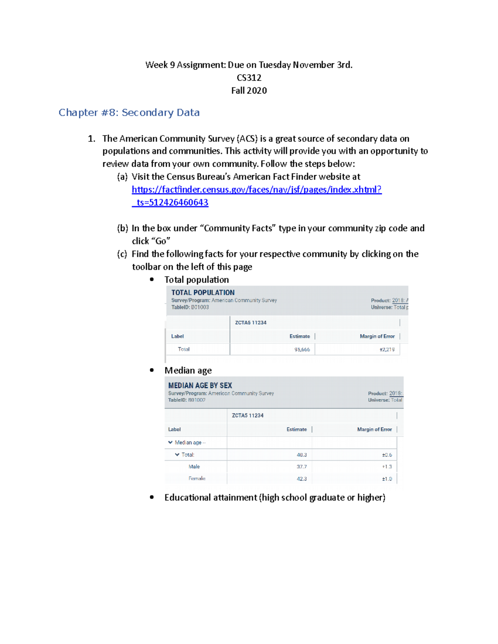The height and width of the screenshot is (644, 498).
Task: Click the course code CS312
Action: click(x=249, y=78)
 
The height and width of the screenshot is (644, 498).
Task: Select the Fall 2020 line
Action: click(x=249, y=90)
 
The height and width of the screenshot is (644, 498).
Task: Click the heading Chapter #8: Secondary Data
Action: click(x=129, y=112)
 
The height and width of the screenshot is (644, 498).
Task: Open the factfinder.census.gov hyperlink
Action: click(x=256, y=190)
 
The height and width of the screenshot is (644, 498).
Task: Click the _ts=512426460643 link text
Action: click(x=170, y=202)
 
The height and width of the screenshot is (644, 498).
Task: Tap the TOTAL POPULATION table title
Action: click(x=203, y=292)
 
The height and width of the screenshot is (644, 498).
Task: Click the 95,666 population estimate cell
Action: click(x=302, y=350)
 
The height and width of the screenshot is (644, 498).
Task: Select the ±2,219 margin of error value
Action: click(x=387, y=350)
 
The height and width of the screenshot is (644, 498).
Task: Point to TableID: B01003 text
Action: click(x=190, y=307)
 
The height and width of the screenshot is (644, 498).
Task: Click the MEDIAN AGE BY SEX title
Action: click(x=200, y=385)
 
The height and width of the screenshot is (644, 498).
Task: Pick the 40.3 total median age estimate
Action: click(x=302, y=455)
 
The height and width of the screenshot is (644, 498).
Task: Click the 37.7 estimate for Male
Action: click(x=302, y=467)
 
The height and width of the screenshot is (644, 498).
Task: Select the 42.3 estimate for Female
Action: click(x=302, y=479)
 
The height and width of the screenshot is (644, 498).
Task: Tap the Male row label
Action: click(x=194, y=467)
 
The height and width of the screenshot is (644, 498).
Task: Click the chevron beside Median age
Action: click(x=170, y=442)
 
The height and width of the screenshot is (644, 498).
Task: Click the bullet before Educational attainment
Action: click(x=152, y=497)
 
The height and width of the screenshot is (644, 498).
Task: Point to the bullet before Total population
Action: click(x=152, y=279)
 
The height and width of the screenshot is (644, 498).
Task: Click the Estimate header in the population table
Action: click(x=300, y=336)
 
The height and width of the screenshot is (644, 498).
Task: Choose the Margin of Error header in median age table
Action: click(x=374, y=429)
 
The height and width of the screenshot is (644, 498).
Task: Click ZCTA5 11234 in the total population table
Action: click(x=251, y=323)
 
